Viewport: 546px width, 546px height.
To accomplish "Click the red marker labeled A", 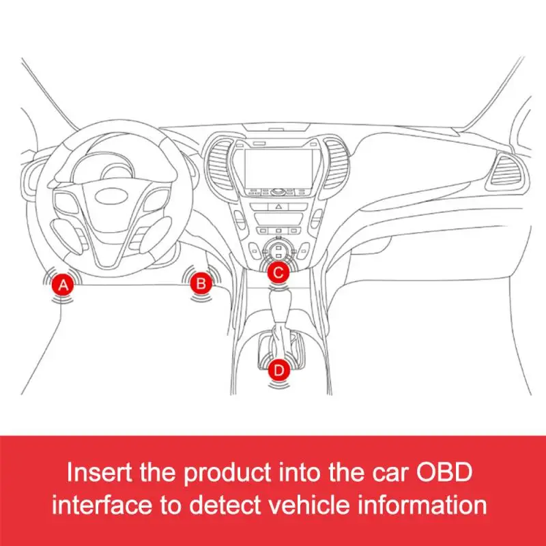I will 63,285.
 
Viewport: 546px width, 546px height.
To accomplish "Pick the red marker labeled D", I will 278,369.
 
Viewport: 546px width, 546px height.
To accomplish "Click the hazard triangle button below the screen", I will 278,205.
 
